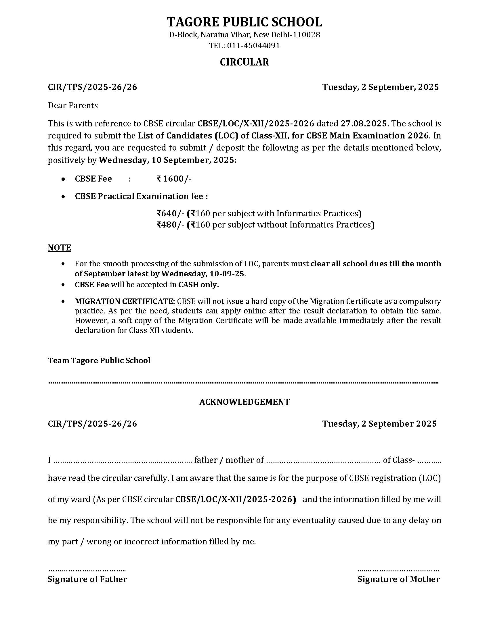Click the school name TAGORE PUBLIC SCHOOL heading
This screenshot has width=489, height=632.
coord(244,22)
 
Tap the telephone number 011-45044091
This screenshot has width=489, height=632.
coord(253,46)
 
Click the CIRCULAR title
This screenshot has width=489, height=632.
coord(244,62)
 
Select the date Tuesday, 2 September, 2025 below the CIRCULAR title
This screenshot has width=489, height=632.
coord(380,87)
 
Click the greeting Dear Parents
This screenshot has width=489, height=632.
coord(73,105)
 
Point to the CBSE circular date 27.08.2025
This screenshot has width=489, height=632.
coord(363,124)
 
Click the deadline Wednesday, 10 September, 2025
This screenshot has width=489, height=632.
coord(167,160)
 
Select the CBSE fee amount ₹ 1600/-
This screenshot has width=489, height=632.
coord(174,179)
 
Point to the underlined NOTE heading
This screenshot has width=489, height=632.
coord(59,248)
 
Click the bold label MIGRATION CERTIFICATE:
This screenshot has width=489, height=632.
coord(125,301)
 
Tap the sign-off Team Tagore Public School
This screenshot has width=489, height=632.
coord(99,361)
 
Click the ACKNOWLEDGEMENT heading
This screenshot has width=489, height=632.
coord(244,402)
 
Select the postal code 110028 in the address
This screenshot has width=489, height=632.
coord(307,35)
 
